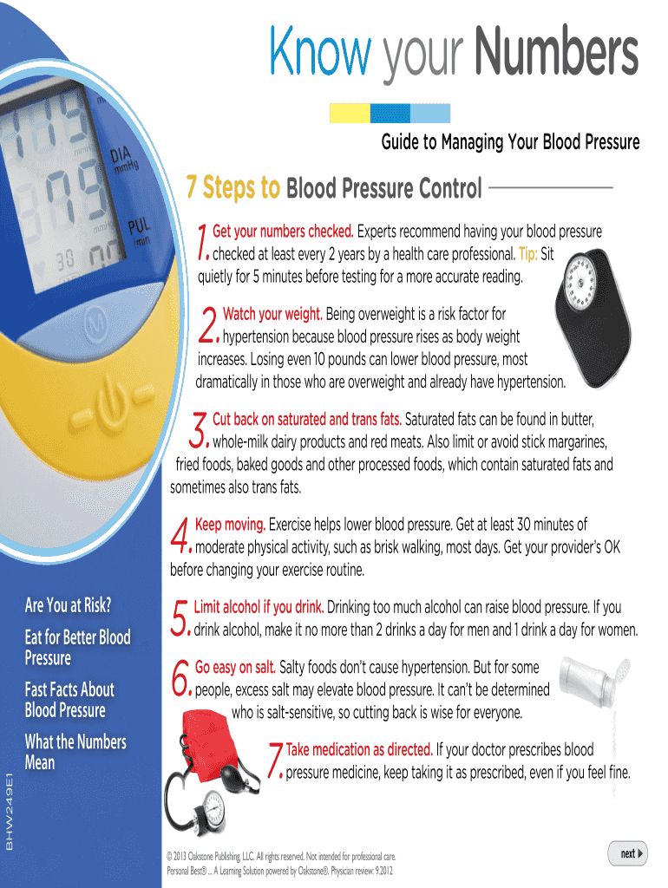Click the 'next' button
pos(627,853)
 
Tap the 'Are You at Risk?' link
pos(68,604)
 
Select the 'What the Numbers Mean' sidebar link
pos(75,752)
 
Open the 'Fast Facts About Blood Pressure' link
pos(69,700)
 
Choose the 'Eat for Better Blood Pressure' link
pos(77,647)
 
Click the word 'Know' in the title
pos(320,51)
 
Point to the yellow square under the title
pos(350,114)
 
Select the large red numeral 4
pos(180,535)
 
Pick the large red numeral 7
pos(275,760)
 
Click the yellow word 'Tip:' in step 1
pos(527,254)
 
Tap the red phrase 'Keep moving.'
pos(230,525)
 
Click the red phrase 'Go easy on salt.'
pos(235,668)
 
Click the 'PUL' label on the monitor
pos(139,226)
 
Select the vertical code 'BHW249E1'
pos(9,811)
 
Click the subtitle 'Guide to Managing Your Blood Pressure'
pos(510,141)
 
